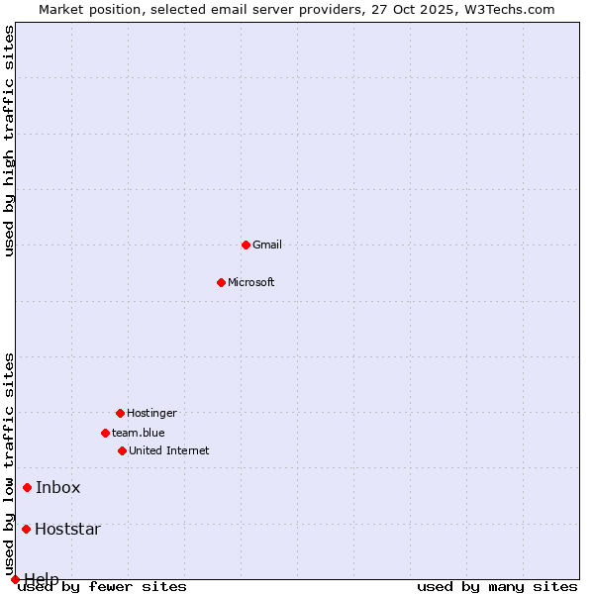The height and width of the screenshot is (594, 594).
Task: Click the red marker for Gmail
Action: [246, 245]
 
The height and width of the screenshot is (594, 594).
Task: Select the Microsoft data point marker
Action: [221, 282]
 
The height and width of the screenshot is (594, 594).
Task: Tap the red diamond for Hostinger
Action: [120, 413]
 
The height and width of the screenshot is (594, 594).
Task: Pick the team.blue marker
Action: [105, 433]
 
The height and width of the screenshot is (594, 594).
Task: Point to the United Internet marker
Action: [122, 450]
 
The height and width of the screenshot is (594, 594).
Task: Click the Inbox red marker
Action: [28, 487]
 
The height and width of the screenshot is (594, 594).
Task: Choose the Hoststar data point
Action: [27, 529]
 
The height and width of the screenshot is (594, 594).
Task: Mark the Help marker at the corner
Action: [15, 579]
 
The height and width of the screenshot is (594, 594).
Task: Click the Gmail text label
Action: [267, 245]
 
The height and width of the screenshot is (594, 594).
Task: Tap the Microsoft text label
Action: [251, 282]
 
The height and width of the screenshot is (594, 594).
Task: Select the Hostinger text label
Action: [151, 413]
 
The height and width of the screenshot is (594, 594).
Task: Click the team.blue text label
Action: [139, 433]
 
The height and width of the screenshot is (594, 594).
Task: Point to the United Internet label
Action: [169, 450]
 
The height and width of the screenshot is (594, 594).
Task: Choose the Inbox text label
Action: [58, 487]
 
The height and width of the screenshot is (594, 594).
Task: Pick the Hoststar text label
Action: [67, 529]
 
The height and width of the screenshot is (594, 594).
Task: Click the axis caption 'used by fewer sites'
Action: [103, 587]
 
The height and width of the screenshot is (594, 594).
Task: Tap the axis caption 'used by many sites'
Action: [497, 587]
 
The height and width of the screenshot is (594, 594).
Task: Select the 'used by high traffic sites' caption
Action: [10, 141]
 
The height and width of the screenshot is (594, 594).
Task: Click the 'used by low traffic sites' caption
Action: [10, 463]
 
